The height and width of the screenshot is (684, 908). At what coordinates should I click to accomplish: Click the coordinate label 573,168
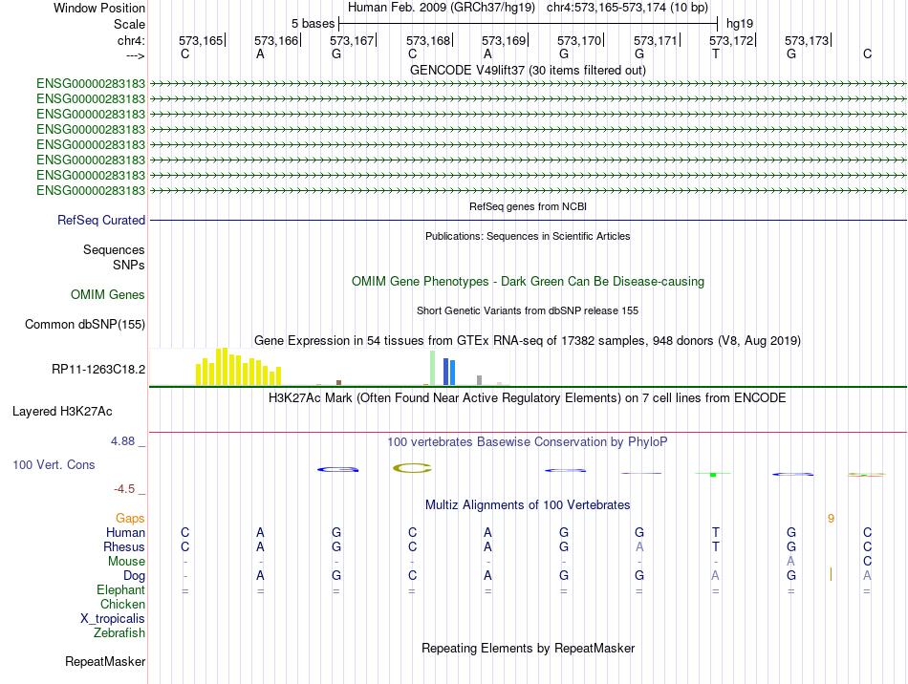[428, 40]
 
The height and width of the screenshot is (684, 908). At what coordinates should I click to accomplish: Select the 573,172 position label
[731, 40]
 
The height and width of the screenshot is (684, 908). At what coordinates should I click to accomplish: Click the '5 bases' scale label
[313, 24]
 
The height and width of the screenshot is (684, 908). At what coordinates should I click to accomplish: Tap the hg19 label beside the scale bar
[740, 24]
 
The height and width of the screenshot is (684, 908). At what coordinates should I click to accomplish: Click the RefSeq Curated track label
[101, 220]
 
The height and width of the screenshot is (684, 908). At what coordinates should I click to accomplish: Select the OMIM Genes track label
[108, 294]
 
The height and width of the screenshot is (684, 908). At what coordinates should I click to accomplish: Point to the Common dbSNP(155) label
[85, 324]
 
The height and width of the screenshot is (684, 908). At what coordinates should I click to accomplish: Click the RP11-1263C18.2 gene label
[98, 369]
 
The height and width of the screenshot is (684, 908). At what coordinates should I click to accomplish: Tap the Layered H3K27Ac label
[62, 412]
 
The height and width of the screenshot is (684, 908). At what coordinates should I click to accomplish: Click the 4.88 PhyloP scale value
[122, 441]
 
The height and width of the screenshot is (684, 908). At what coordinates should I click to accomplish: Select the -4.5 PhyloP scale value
[124, 489]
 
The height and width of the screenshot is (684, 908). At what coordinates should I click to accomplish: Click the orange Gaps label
[130, 519]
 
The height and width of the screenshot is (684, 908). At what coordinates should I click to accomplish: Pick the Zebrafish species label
[119, 633]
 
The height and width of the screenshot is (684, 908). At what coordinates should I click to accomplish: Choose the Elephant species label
[121, 589]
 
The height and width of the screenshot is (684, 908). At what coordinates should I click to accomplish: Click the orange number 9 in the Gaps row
[831, 519]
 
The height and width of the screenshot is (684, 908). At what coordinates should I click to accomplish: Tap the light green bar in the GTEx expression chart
[433, 368]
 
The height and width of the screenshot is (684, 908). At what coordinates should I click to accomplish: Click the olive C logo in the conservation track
[412, 468]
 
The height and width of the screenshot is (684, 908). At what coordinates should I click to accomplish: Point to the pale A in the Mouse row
[791, 562]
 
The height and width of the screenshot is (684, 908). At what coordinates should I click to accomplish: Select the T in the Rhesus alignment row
[716, 546]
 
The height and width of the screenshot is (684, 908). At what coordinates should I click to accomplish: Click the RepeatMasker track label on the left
[105, 661]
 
